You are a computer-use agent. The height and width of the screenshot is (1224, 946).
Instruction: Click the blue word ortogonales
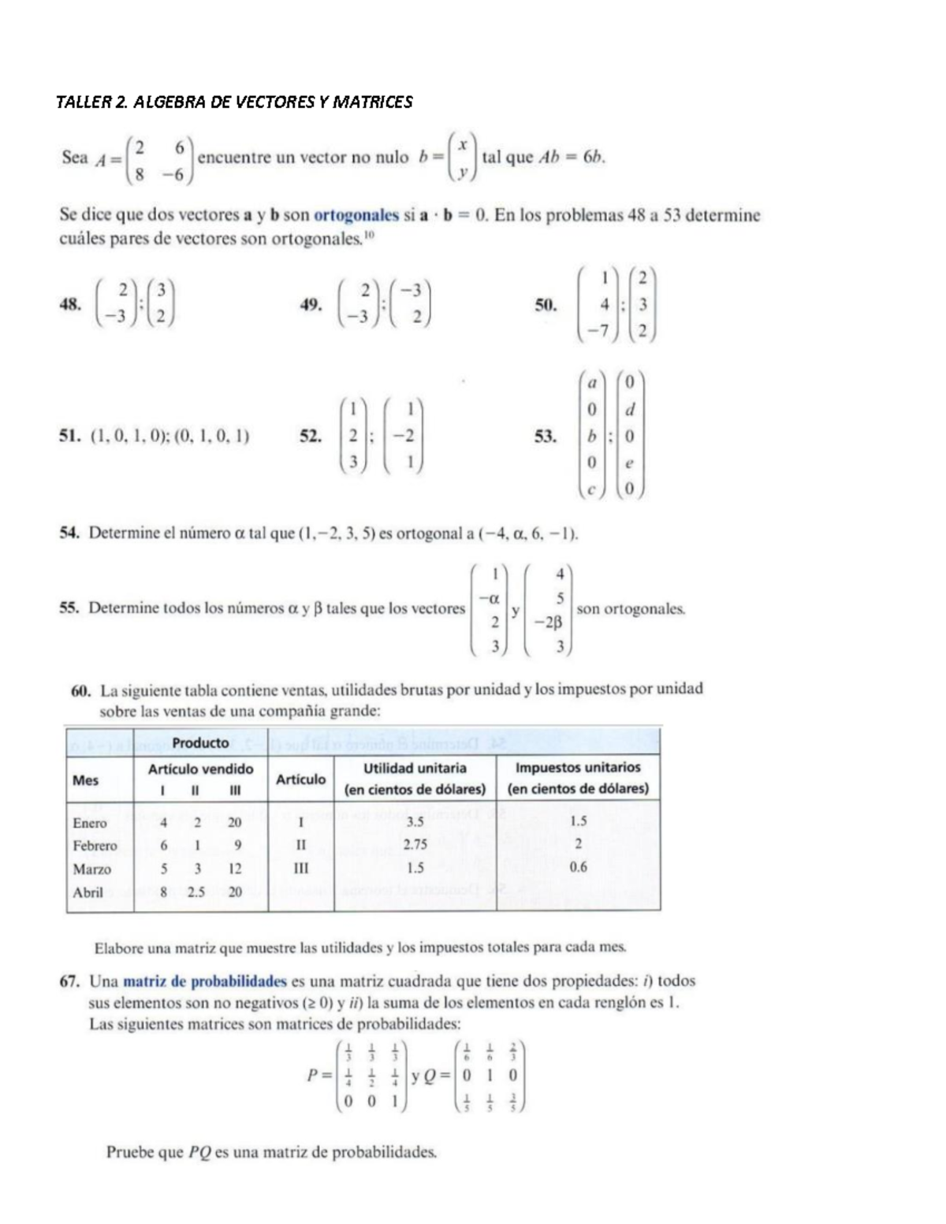[x=356, y=215]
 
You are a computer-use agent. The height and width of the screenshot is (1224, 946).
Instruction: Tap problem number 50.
[x=546, y=305]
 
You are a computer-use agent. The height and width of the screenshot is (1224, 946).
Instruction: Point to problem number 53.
[x=546, y=436]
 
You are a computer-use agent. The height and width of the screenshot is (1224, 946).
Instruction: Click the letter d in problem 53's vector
[x=629, y=410]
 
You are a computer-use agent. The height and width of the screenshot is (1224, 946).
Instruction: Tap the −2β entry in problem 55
[x=547, y=623]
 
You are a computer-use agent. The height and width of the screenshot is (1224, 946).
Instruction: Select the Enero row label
[x=90, y=823]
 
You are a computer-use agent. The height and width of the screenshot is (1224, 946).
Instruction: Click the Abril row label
[x=88, y=892]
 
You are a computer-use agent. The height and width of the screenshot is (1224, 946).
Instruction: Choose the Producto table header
[x=200, y=742]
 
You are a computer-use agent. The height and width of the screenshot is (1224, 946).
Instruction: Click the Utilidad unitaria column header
[x=415, y=768]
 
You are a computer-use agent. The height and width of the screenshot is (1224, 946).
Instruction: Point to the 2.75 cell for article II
[x=415, y=845]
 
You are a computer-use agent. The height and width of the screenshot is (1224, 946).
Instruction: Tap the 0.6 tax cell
[x=578, y=868]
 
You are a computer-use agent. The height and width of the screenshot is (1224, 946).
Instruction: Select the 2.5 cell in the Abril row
[x=196, y=892]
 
